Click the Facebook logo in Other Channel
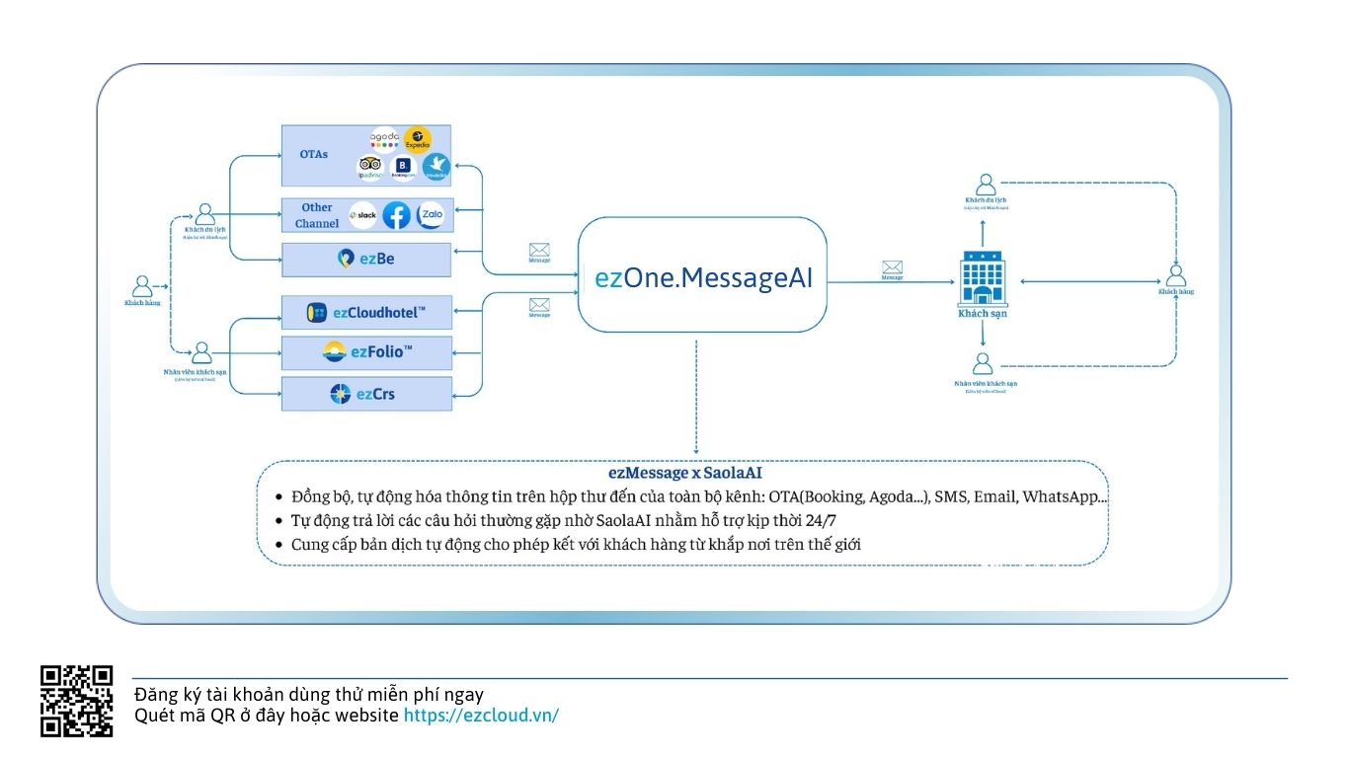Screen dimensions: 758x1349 point(396,215)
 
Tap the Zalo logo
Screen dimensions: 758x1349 point(431,214)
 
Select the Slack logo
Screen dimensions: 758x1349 point(363,215)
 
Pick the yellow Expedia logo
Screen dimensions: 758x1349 point(418,139)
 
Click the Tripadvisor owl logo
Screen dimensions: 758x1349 point(370,167)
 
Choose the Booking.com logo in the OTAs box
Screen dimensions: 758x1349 point(403,168)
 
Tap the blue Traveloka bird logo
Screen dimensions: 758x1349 point(436,167)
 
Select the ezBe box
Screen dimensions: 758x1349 point(366,259)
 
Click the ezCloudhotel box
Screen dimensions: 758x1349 point(366,313)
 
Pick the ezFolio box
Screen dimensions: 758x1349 point(366,352)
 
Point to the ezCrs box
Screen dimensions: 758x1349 point(366,394)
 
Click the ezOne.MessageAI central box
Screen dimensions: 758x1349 point(702,276)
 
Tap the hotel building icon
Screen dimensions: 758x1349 point(983,278)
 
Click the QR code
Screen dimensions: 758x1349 point(76,701)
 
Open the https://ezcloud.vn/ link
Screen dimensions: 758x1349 point(481,715)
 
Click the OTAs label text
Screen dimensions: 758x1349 point(314,155)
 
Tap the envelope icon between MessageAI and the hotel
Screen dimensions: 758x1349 point(893,266)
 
